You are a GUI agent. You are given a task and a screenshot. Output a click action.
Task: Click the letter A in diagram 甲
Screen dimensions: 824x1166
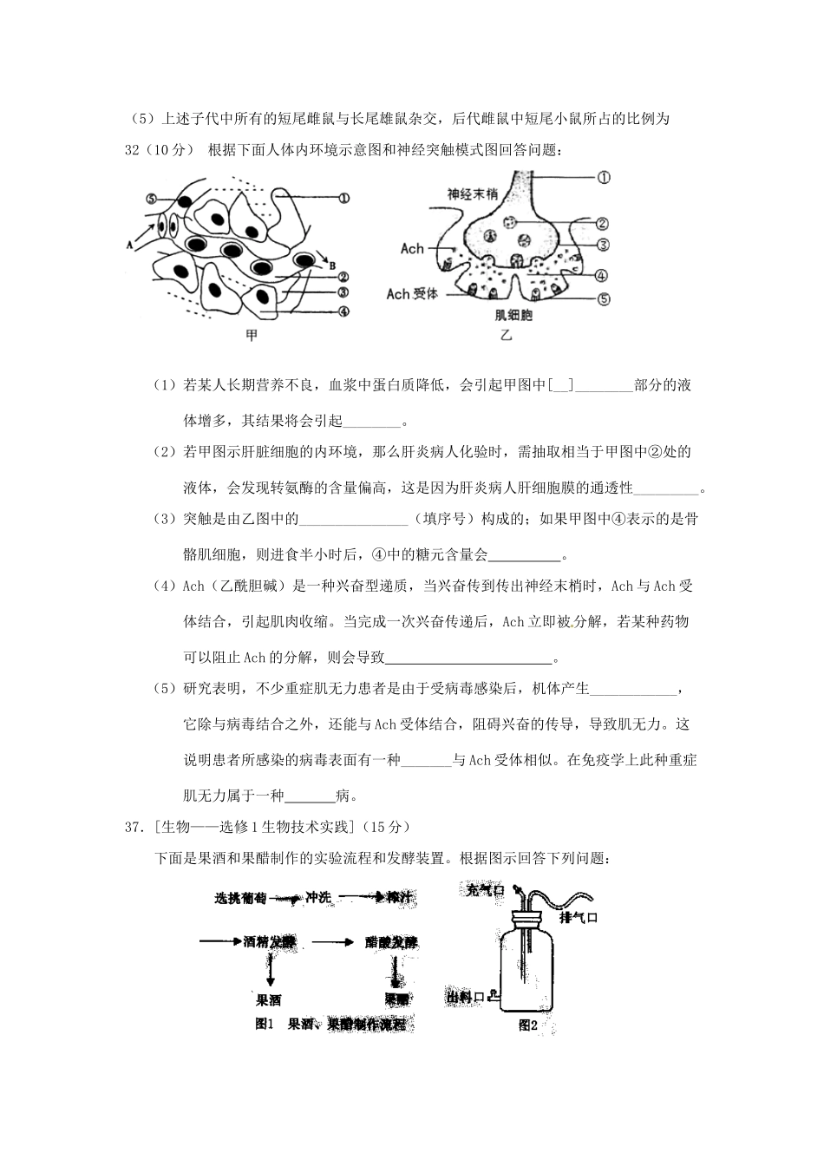pos(129,245)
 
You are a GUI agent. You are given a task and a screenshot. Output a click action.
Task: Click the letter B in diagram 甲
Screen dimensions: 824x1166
pos(332,265)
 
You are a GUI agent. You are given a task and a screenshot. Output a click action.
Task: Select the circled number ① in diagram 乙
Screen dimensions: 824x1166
pos(604,177)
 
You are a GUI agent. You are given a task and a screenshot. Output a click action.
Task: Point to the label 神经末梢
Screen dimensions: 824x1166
pos(474,193)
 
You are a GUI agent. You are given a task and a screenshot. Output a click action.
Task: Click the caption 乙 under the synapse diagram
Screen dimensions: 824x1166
pos(507,335)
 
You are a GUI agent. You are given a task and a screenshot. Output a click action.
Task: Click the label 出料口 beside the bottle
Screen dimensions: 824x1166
pos(466,998)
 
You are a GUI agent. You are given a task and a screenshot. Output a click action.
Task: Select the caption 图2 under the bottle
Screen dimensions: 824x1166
pos(527,1025)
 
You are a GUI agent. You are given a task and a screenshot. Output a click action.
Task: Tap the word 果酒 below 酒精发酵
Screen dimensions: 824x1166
pos(268,999)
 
